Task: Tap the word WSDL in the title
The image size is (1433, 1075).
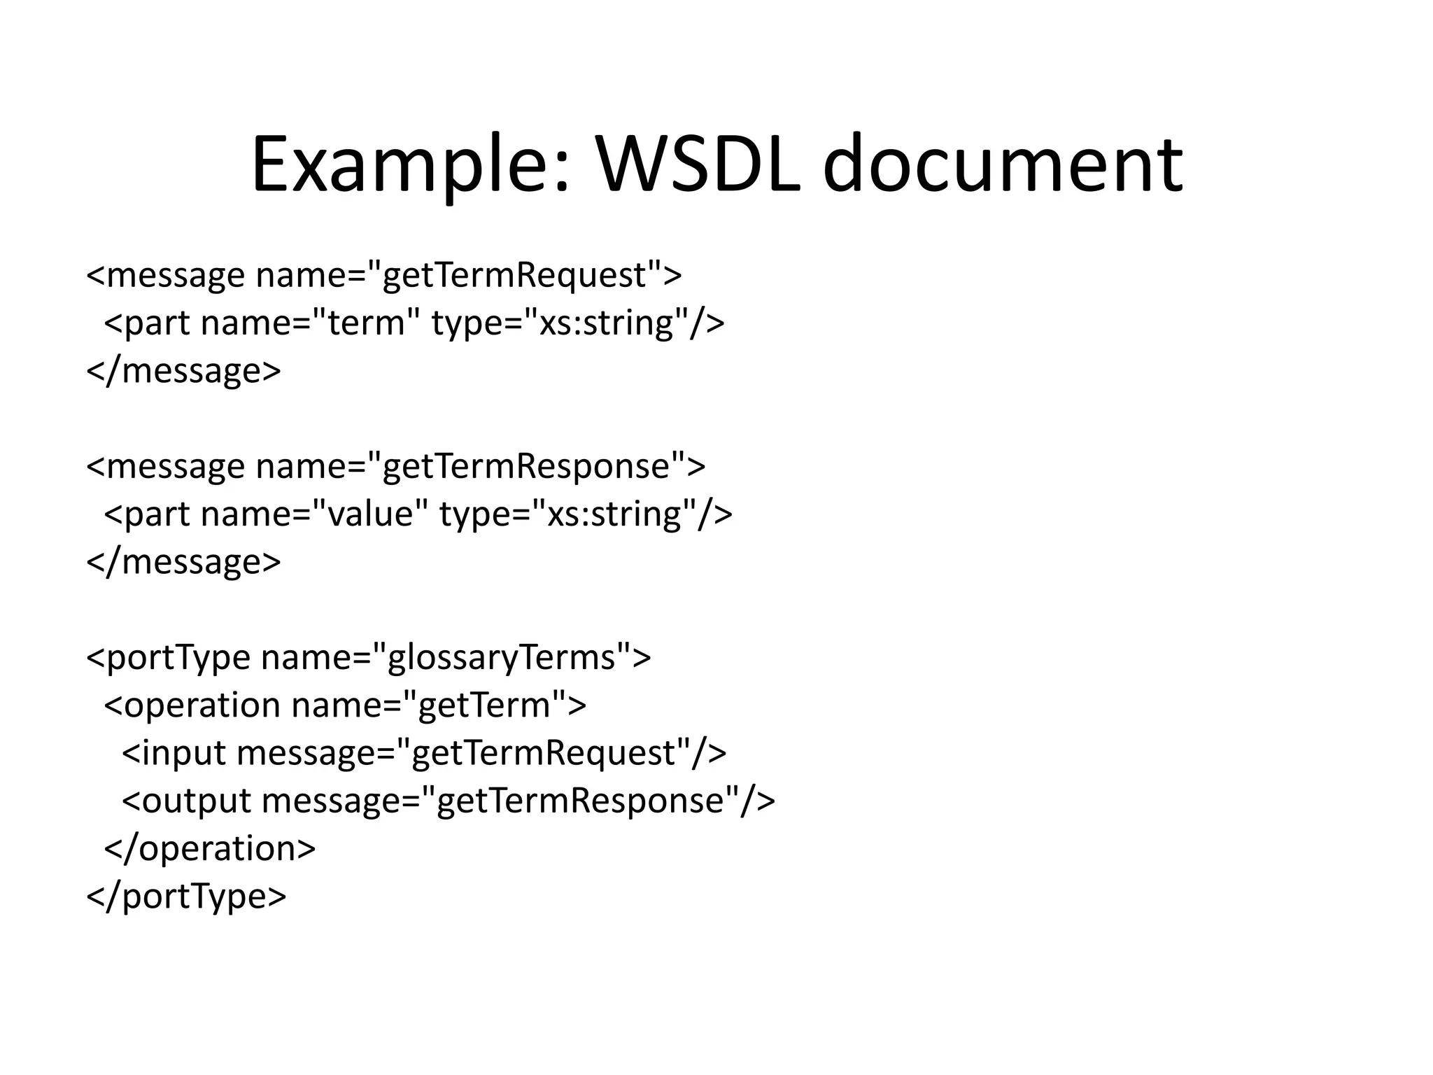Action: point(698,166)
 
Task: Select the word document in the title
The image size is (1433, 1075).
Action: point(1002,166)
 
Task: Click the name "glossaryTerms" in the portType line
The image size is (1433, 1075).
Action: point(501,658)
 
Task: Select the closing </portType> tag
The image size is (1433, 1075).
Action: point(186,897)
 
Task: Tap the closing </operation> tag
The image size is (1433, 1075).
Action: point(210,849)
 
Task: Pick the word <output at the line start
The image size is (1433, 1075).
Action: point(186,801)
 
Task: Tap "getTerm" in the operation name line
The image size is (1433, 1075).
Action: point(486,705)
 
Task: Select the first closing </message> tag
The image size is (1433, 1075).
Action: point(183,371)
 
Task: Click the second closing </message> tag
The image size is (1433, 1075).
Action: point(183,562)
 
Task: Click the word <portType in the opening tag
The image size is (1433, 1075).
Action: point(168,658)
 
